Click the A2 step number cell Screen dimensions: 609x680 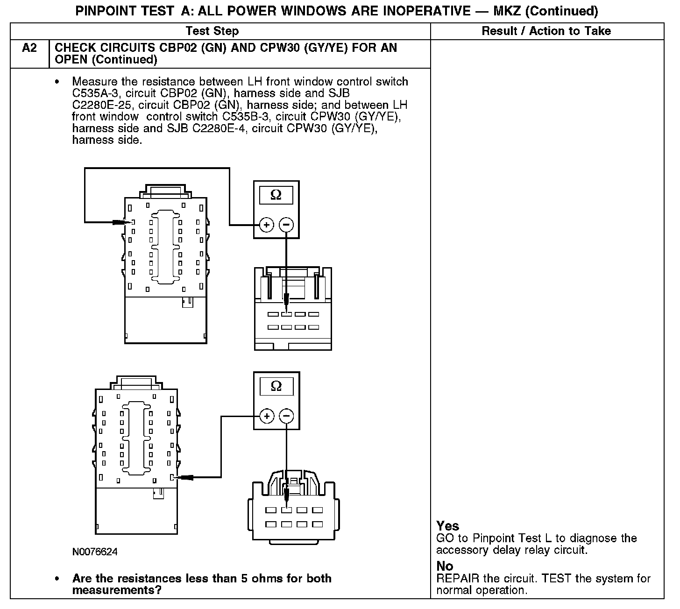[29, 48]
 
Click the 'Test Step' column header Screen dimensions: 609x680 [212, 31]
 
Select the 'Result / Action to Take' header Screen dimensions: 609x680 [546, 31]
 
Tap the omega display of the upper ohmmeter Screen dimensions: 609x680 [276, 195]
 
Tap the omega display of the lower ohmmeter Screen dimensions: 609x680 [276, 386]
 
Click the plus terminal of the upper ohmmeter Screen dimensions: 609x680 [266, 225]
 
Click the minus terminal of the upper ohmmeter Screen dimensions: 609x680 [286, 225]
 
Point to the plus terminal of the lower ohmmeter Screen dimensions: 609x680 [267, 416]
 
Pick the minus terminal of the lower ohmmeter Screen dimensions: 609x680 [287, 416]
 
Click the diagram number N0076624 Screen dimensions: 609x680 [95, 552]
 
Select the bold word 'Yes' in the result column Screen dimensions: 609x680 [447, 526]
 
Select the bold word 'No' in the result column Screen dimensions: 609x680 [445, 566]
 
